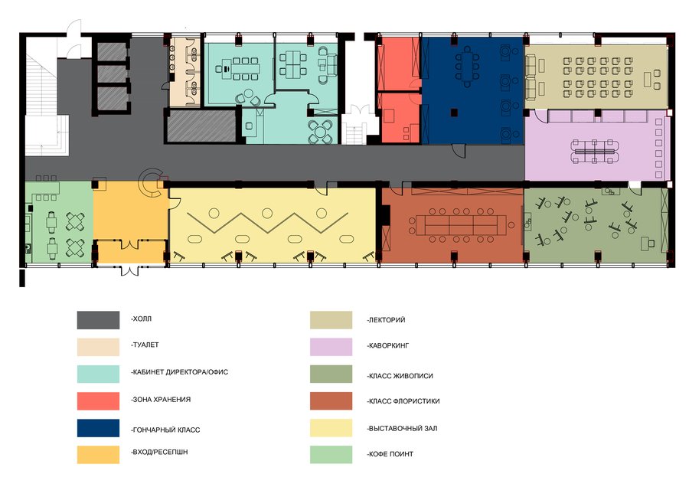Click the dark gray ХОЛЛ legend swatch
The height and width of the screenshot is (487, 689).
click(98, 320)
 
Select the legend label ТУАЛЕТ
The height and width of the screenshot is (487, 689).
click(145, 345)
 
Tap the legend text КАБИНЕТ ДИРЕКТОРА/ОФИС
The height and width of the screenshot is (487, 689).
click(180, 372)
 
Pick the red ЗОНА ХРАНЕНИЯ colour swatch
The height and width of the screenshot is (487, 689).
click(98, 400)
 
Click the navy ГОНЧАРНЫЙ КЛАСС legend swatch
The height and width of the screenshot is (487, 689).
click(98, 428)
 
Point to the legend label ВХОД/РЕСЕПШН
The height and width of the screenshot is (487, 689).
click(159, 452)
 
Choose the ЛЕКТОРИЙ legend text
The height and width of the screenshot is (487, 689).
click(387, 320)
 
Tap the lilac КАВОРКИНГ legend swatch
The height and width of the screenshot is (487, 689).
click(331, 347)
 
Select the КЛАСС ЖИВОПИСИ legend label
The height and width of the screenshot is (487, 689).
click(400, 376)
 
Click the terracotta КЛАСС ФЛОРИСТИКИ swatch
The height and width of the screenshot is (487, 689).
click(331, 400)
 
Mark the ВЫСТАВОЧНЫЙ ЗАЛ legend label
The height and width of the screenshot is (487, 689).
click(402, 429)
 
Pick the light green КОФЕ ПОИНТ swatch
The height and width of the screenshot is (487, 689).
click(331, 455)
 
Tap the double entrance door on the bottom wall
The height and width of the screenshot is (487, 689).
click(129, 270)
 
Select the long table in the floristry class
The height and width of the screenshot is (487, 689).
click(462, 225)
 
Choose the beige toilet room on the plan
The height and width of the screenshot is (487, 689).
click(185, 72)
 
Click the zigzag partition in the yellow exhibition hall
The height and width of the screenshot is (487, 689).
click(267, 222)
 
